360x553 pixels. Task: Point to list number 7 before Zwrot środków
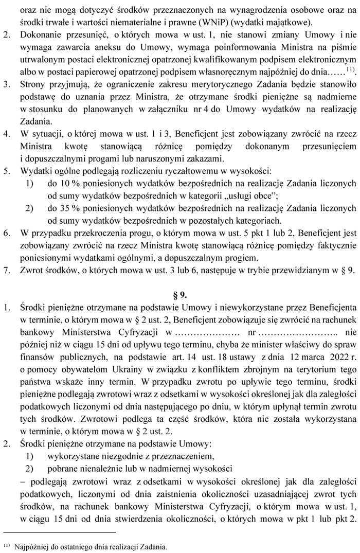tap(7, 269)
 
